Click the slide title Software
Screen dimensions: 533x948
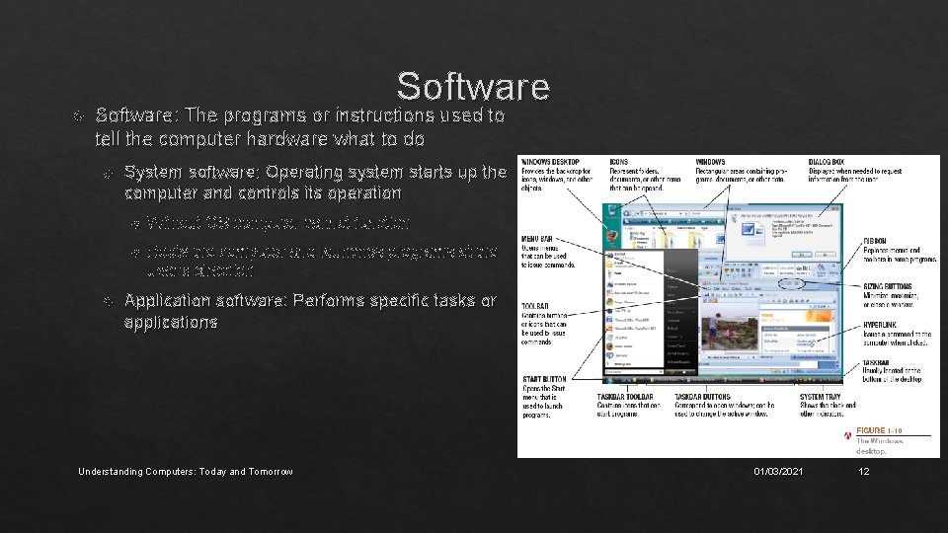(473, 87)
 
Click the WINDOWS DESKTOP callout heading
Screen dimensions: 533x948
(550, 161)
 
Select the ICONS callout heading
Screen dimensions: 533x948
(619, 161)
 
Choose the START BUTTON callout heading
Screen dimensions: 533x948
(544, 378)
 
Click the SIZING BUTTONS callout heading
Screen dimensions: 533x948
(885, 285)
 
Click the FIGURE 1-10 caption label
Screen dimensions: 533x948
(878, 430)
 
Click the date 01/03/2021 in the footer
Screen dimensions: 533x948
(778, 472)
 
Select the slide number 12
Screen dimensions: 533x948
(864, 472)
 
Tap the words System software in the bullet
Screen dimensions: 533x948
(183, 172)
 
